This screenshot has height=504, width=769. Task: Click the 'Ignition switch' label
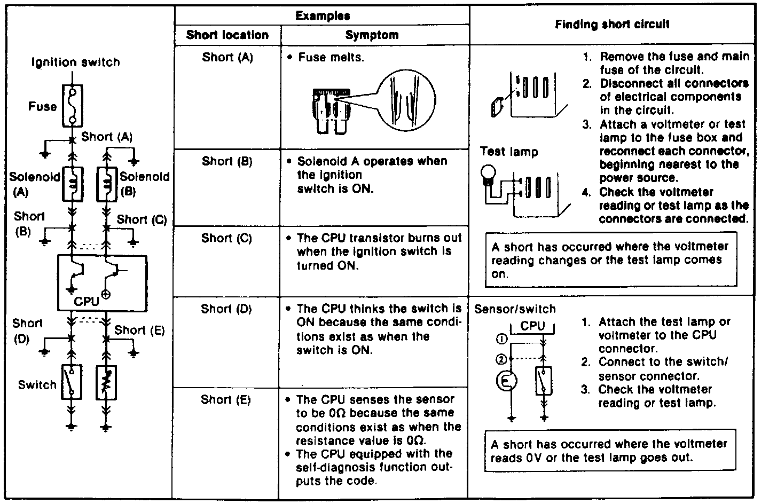coord(76,62)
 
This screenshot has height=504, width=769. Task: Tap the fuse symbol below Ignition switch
coord(72,106)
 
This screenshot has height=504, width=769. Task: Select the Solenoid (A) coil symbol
coord(73,184)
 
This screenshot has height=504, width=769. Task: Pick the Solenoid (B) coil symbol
coord(106,184)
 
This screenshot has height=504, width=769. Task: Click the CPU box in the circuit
coord(102,283)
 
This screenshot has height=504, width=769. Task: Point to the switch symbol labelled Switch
coord(72,382)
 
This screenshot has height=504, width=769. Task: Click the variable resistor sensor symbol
coord(106,383)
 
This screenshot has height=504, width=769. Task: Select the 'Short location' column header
coord(227,35)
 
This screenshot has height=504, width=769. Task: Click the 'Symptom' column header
coord(372,35)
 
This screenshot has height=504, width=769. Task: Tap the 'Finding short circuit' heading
coord(612,24)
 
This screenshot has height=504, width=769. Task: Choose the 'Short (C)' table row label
coord(226,238)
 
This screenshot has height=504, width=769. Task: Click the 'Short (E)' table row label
coord(226,400)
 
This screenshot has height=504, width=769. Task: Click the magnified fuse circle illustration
coord(404,101)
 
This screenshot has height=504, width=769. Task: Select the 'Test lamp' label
coord(509,152)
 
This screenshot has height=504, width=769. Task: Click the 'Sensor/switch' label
coord(515,309)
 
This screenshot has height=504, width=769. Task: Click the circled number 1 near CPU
coord(501,338)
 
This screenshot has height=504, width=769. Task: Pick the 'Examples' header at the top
coord(323,16)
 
